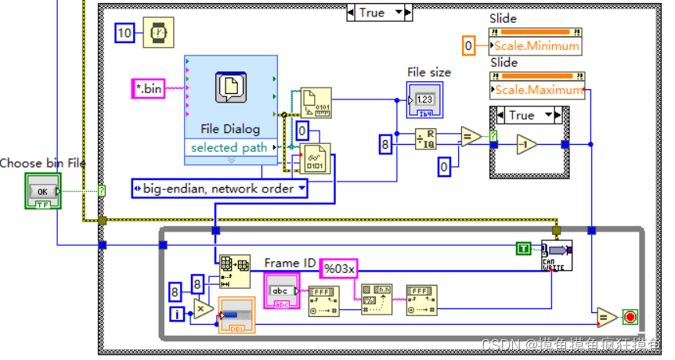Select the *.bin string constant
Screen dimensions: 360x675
[x=147, y=88]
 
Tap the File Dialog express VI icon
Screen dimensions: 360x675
[x=231, y=88]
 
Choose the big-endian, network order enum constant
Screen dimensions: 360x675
[x=219, y=188]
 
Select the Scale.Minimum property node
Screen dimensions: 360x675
[x=535, y=45]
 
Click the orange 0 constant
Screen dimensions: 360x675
[x=469, y=45]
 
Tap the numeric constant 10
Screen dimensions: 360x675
[x=125, y=32]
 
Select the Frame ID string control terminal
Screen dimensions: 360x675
[x=279, y=291]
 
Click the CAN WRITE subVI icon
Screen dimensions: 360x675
[x=557, y=255]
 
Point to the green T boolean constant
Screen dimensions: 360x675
[x=525, y=248]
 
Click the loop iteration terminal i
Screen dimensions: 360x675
[x=178, y=314]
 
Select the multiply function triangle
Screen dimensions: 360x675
[x=202, y=309]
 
